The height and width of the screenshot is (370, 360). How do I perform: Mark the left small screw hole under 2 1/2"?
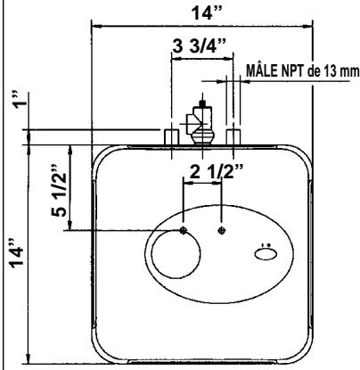[x=183, y=230]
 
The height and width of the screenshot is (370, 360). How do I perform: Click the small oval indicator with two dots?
[x=266, y=255]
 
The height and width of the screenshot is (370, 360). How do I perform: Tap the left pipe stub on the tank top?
[x=170, y=136]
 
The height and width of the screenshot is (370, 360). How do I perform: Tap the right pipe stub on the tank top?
[x=233, y=136]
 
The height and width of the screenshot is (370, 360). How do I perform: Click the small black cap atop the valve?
[x=202, y=104]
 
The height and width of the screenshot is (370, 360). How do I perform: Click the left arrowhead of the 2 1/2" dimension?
[x=185, y=184]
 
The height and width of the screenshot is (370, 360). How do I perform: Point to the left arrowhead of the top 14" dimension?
[x=94, y=25]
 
